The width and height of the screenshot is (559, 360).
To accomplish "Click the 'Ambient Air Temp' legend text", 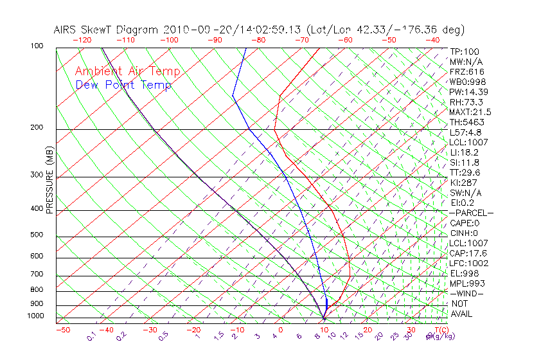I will click(127, 71).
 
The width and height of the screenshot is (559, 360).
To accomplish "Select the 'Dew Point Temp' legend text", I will click(123, 85).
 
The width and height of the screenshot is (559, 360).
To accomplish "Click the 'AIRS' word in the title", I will click(66, 30).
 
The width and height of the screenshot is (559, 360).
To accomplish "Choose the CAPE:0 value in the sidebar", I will click(465, 223).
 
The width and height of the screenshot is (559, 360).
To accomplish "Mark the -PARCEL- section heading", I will click(471, 213).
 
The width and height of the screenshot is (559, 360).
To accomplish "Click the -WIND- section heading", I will click(466, 294).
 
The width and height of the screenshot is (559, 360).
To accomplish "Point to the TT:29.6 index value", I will click(465, 172).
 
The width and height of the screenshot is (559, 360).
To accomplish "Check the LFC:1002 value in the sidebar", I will click(468, 263).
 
